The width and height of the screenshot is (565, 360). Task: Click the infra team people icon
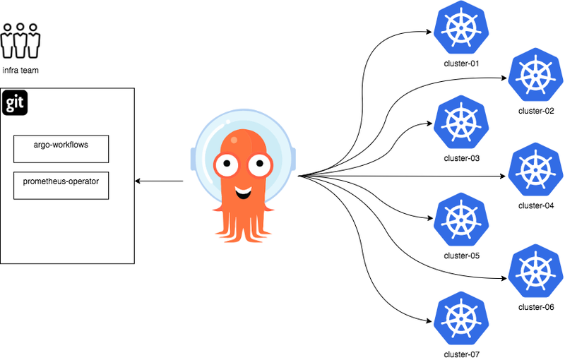tap(20, 41)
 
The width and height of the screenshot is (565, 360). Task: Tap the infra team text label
tap(20, 71)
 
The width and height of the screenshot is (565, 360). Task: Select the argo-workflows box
tap(61, 148)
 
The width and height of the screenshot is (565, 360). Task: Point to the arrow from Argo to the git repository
tap(159, 181)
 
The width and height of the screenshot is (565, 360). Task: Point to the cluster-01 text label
tap(462, 64)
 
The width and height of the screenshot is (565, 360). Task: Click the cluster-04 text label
tap(536, 206)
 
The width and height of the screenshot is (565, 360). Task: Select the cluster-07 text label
tap(462, 354)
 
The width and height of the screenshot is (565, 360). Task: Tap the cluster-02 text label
tap(536, 111)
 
